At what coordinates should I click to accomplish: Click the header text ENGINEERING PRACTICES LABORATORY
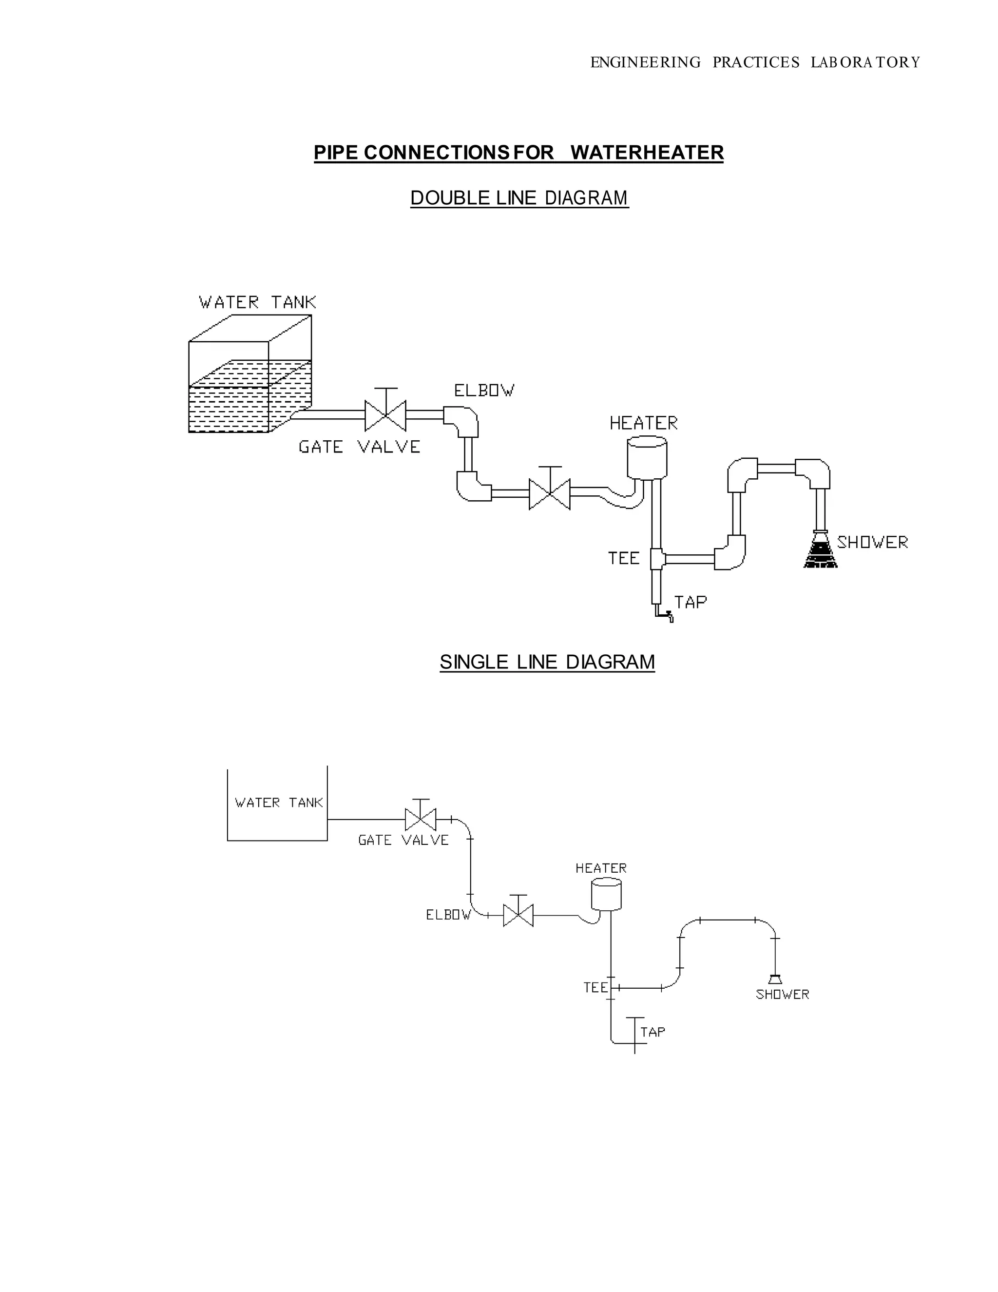pyautogui.click(x=755, y=62)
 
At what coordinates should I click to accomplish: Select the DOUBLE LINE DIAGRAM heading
pyautogui.click(x=519, y=198)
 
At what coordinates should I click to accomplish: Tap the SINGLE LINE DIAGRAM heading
pyautogui.click(x=547, y=662)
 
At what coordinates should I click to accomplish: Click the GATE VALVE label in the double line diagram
pyautogui.click(x=359, y=447)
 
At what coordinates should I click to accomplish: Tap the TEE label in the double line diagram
pyautogui.click(x=624, y=558)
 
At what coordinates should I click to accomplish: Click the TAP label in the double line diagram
pyautogui.click(x=691, y=602)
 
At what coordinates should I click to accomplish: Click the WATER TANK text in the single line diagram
pyautogui.click(x=278, y=803)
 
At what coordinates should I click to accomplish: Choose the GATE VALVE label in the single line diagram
pyautogui.click(x=403, y=840)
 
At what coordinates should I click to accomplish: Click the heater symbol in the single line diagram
pyautogui.click(x=606, y=894)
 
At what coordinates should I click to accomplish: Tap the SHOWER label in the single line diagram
pyautogui.click(x=782, y=995)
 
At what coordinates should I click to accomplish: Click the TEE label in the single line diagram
pyautogui.click(x=595, y=988)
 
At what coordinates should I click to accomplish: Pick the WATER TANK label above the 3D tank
pyautogui.click(x=257, y=303)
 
